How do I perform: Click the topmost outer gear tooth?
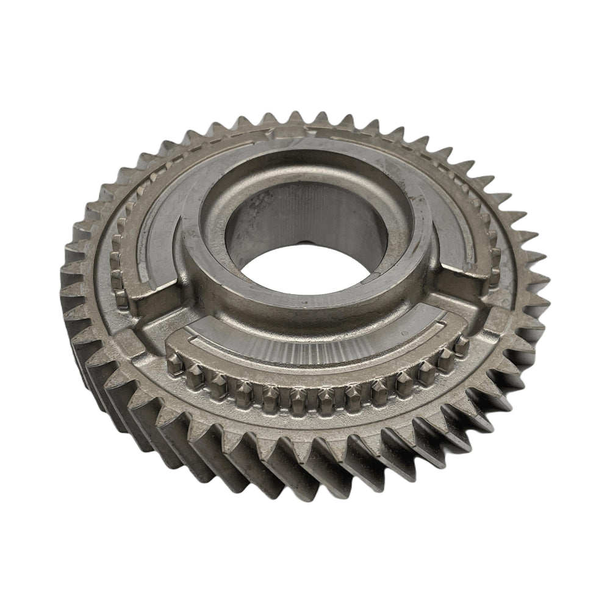297,117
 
